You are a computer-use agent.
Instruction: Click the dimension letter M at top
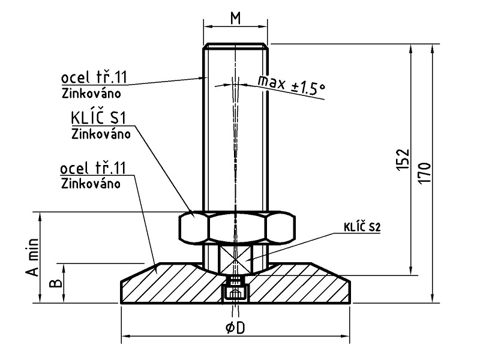pos(235,17)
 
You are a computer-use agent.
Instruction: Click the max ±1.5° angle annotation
pos(291,83)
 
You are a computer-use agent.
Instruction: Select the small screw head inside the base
pos(235,292)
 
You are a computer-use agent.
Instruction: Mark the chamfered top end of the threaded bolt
pos(235,46)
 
